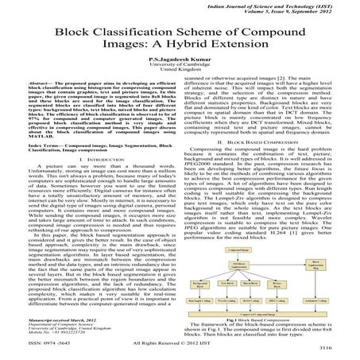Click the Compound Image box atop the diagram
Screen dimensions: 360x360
[x=238, y=250]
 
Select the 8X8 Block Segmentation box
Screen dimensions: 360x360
[x=238, y=265]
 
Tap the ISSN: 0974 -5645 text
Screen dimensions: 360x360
[x=31, y=346]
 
